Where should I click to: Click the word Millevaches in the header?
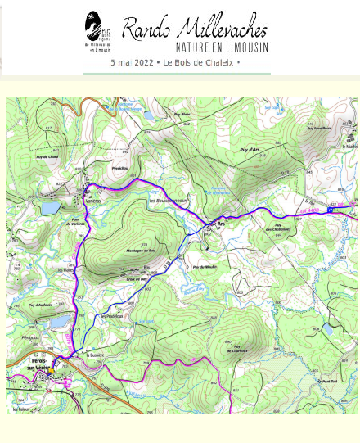click(218, 29)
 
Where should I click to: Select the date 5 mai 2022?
click(133, 62)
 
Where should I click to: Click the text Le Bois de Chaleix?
click(198, 62)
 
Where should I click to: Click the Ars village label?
click(220, 224)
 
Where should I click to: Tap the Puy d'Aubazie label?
click(40, 305)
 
